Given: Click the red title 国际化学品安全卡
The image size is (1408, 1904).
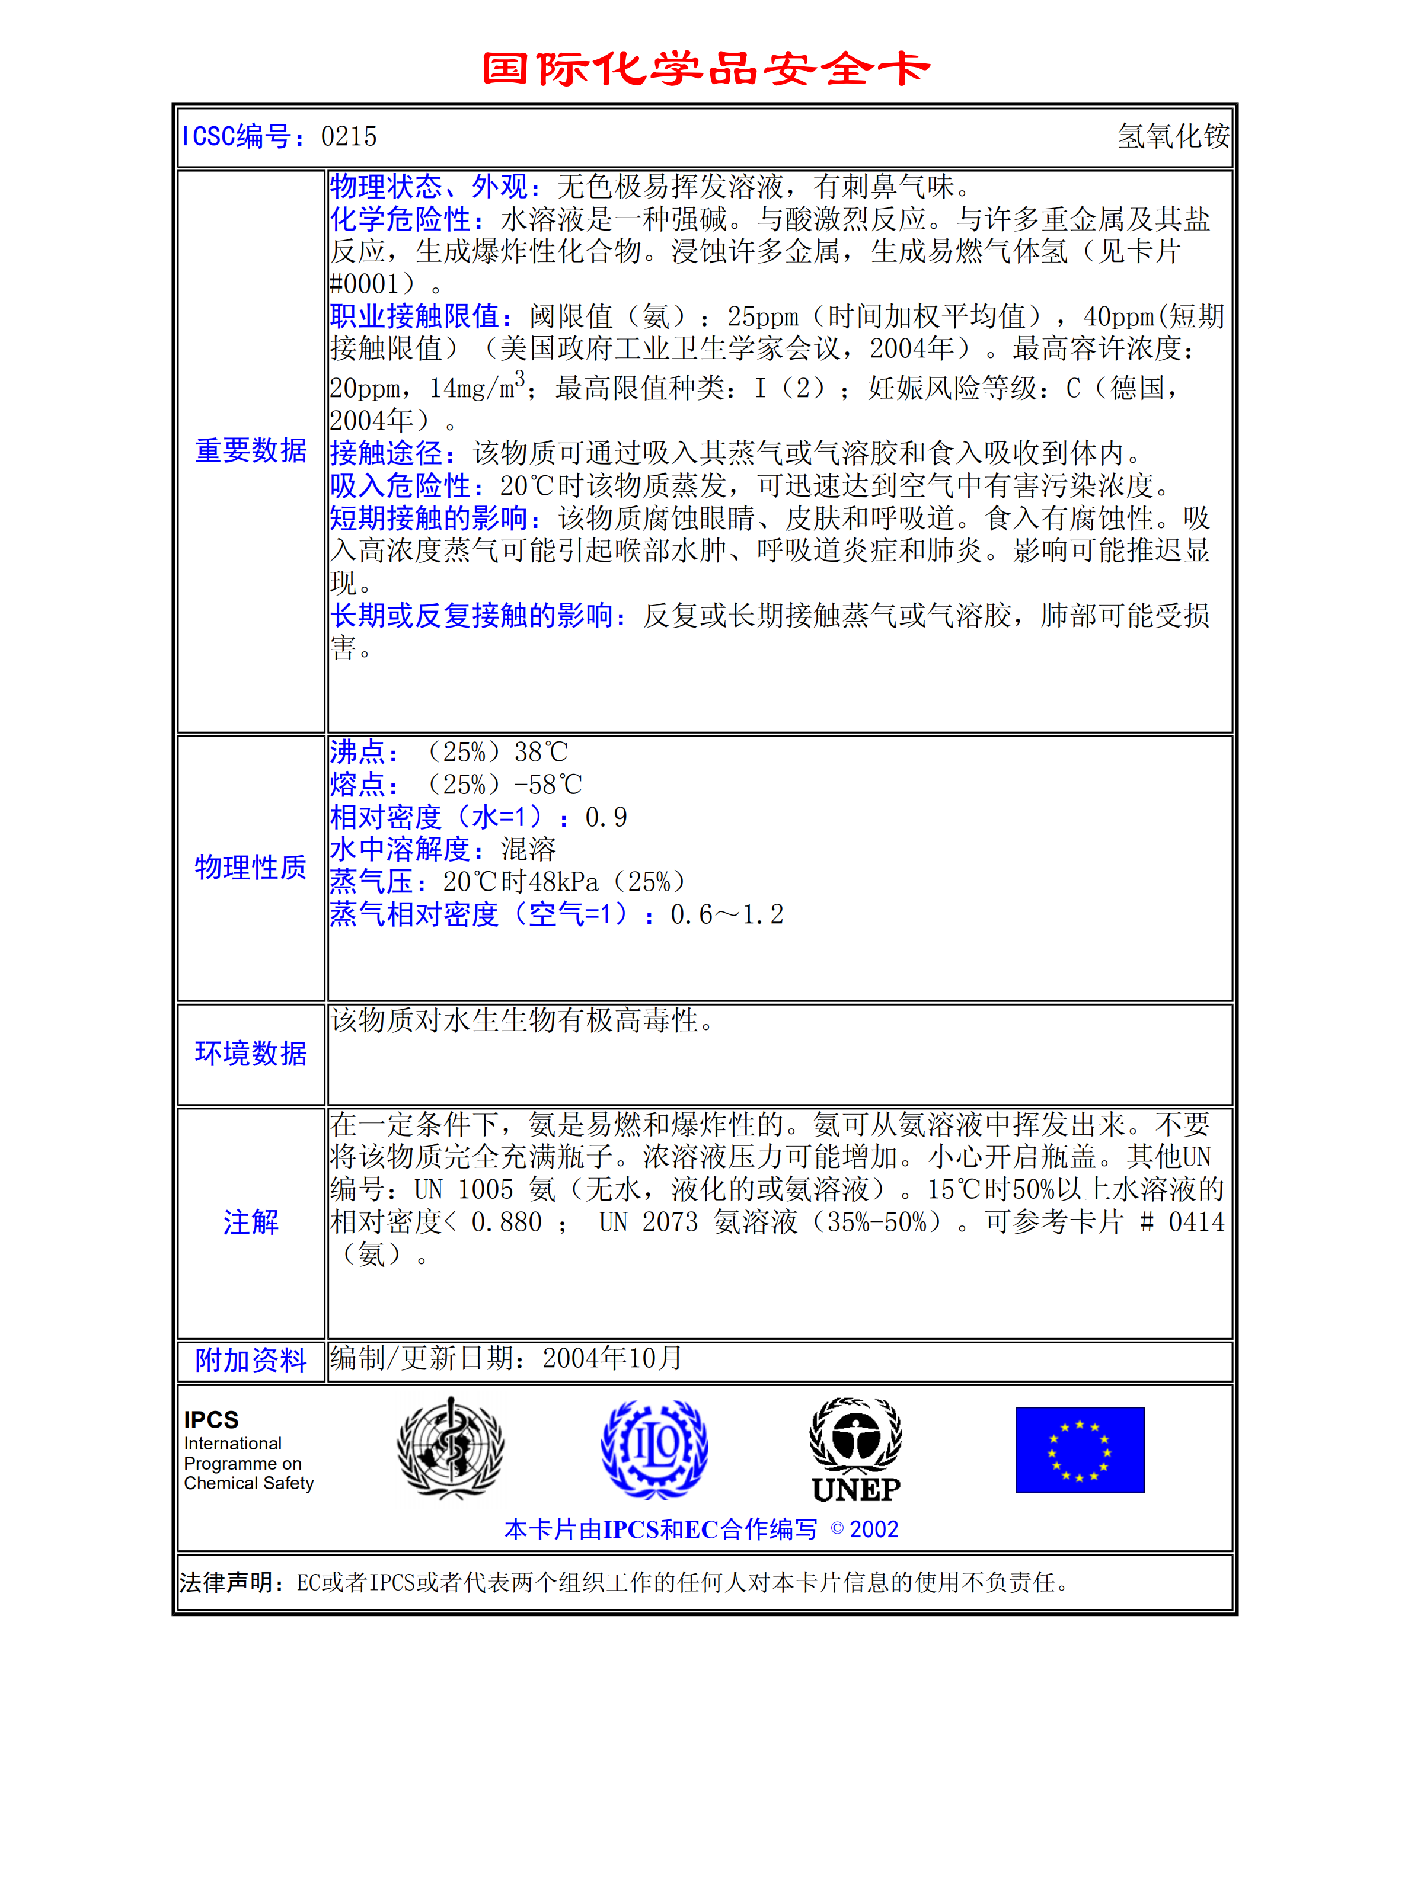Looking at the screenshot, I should [x=705, y=69].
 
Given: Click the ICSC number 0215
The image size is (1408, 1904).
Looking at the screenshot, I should [x=349, y=136].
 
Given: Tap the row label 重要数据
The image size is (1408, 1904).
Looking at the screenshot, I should [x=251, y=450].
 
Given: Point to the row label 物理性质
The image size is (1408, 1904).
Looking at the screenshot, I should [x=251, y=867].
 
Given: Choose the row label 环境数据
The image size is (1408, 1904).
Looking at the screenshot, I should [x=251, y=1054].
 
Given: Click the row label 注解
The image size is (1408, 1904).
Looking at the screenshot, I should [x=251, y=1223].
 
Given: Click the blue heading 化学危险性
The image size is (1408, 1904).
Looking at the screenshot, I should [x=401, y=219].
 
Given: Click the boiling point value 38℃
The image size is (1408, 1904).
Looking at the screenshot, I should [x=540, y=752].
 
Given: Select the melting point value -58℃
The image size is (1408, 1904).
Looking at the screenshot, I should [x=548, y=785].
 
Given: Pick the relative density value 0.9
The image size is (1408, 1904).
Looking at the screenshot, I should [x=606, y=818].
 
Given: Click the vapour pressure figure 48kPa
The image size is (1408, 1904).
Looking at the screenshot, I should [x=551, y=882].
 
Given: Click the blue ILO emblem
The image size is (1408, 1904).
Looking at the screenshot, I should [x=654, y=1449].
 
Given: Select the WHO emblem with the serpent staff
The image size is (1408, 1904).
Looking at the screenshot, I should [x=451, y=1448].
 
